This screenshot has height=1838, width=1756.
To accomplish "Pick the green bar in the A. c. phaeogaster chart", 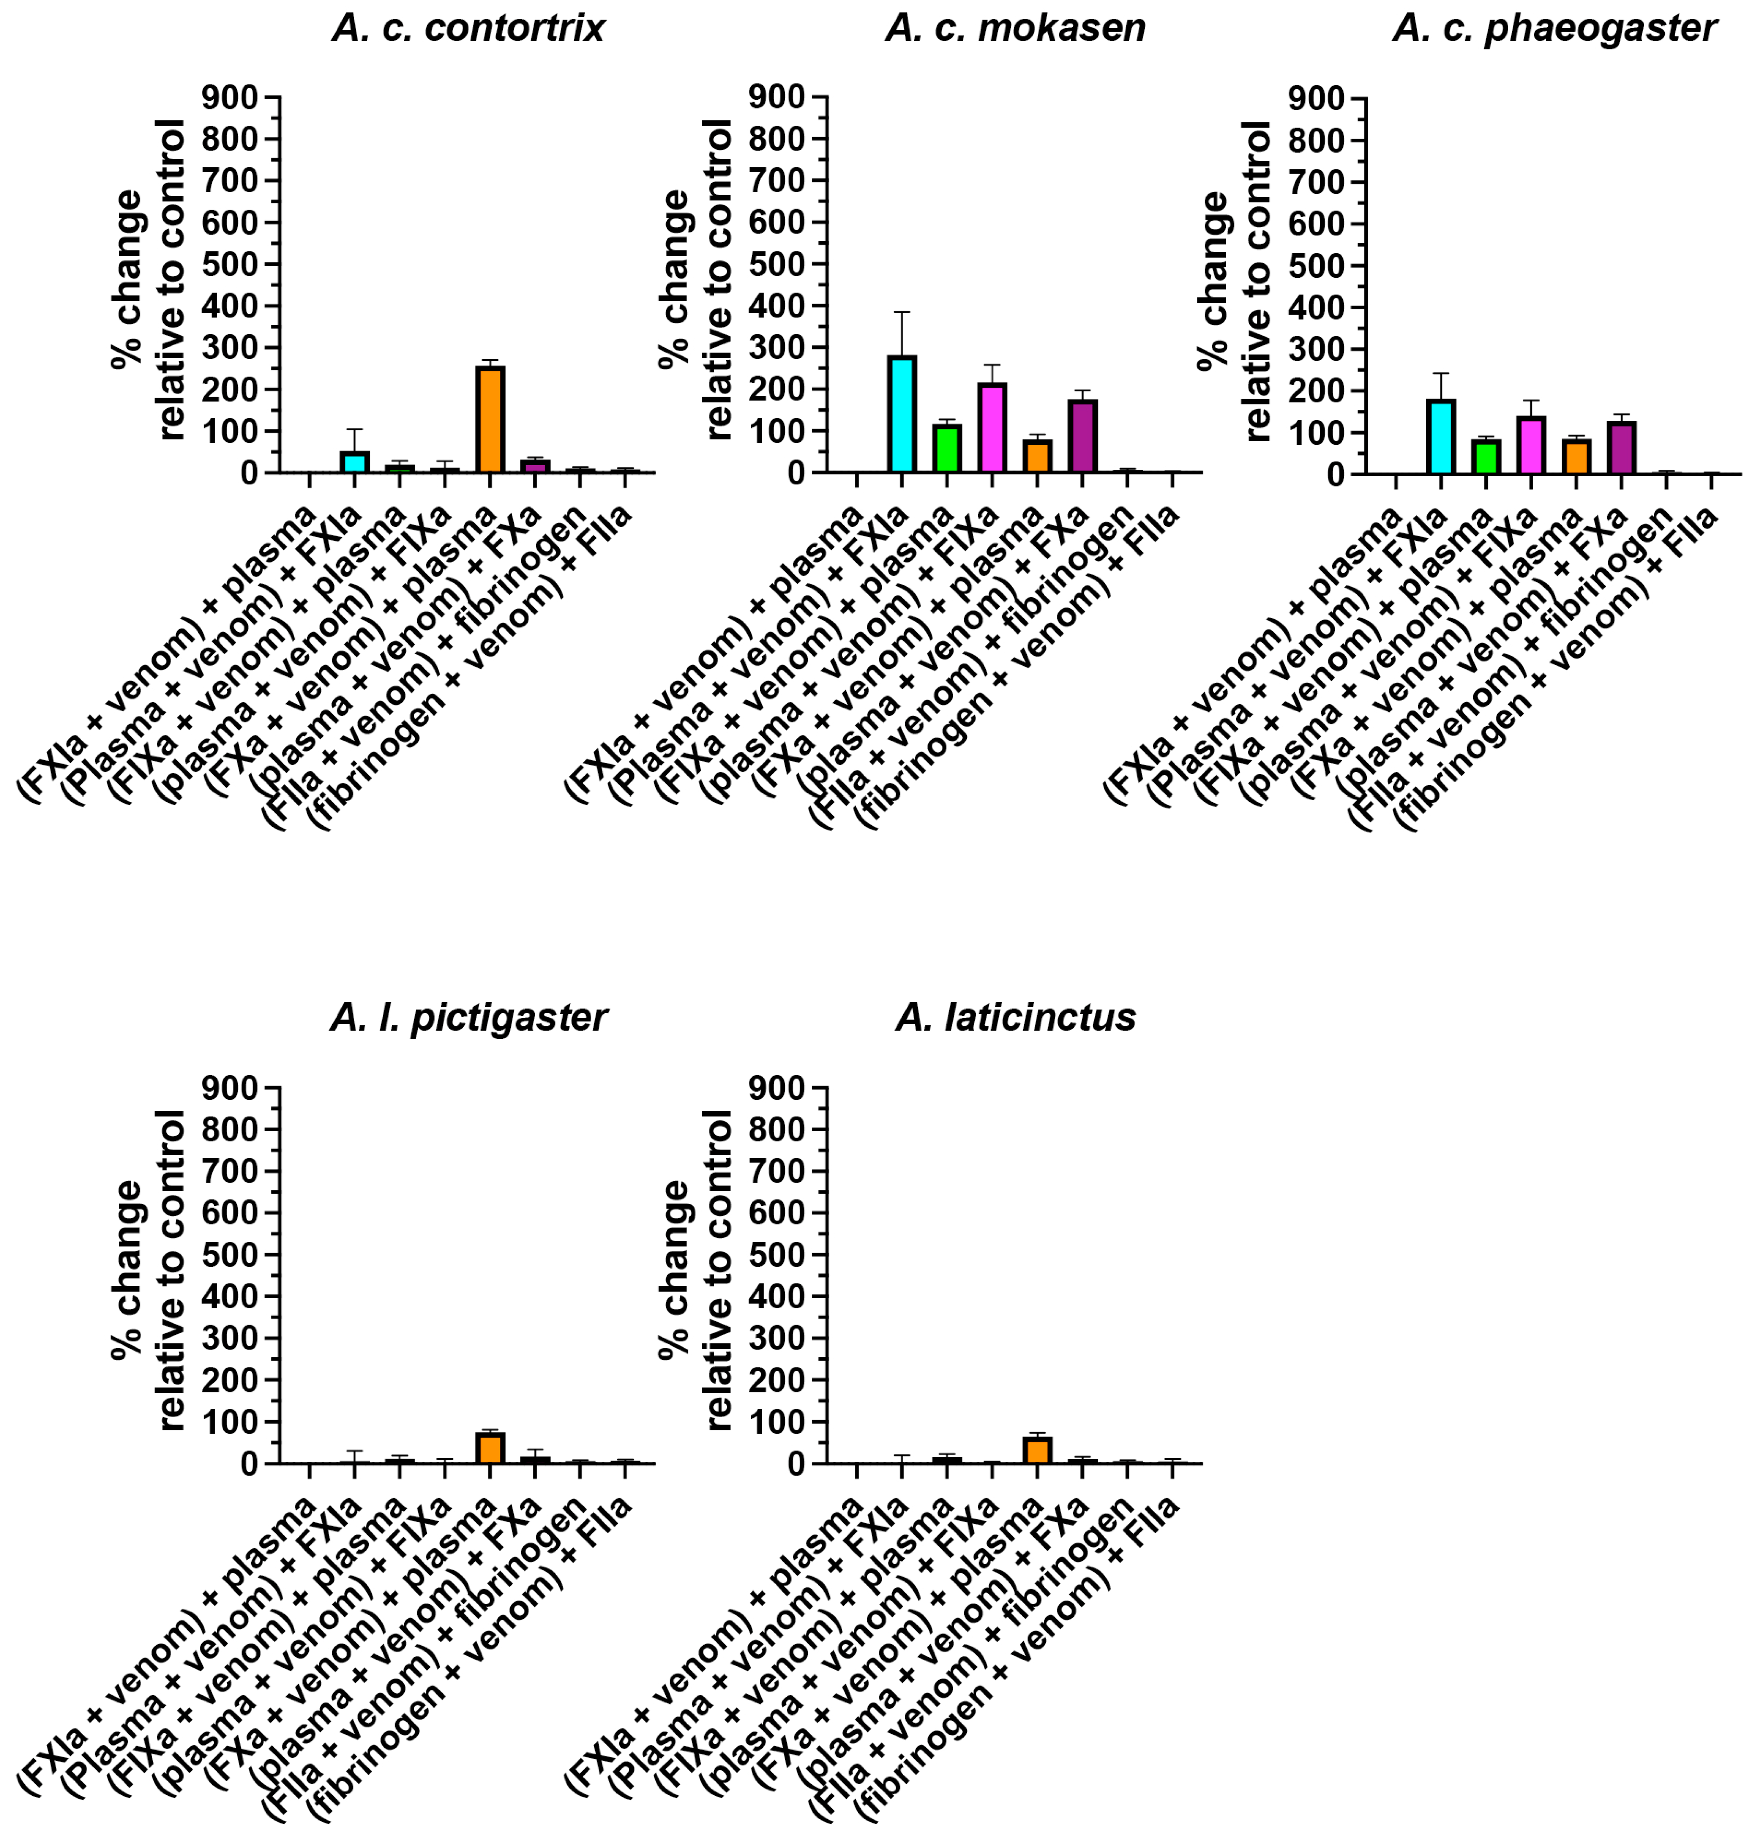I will coord(1485,457).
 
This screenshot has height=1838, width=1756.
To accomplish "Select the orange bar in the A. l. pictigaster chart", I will coord(490,1448).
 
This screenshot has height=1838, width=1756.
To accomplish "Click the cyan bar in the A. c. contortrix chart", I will coord(354,462).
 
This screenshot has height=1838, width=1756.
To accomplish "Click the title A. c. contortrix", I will coord(468,28).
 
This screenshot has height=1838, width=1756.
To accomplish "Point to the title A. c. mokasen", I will coord(1016,28).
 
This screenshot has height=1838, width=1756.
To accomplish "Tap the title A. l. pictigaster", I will coord(468,1017).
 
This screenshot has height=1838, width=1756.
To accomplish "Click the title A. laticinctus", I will coord(1016,1017).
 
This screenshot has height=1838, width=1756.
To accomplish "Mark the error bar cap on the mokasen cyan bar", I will coord(901,313).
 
